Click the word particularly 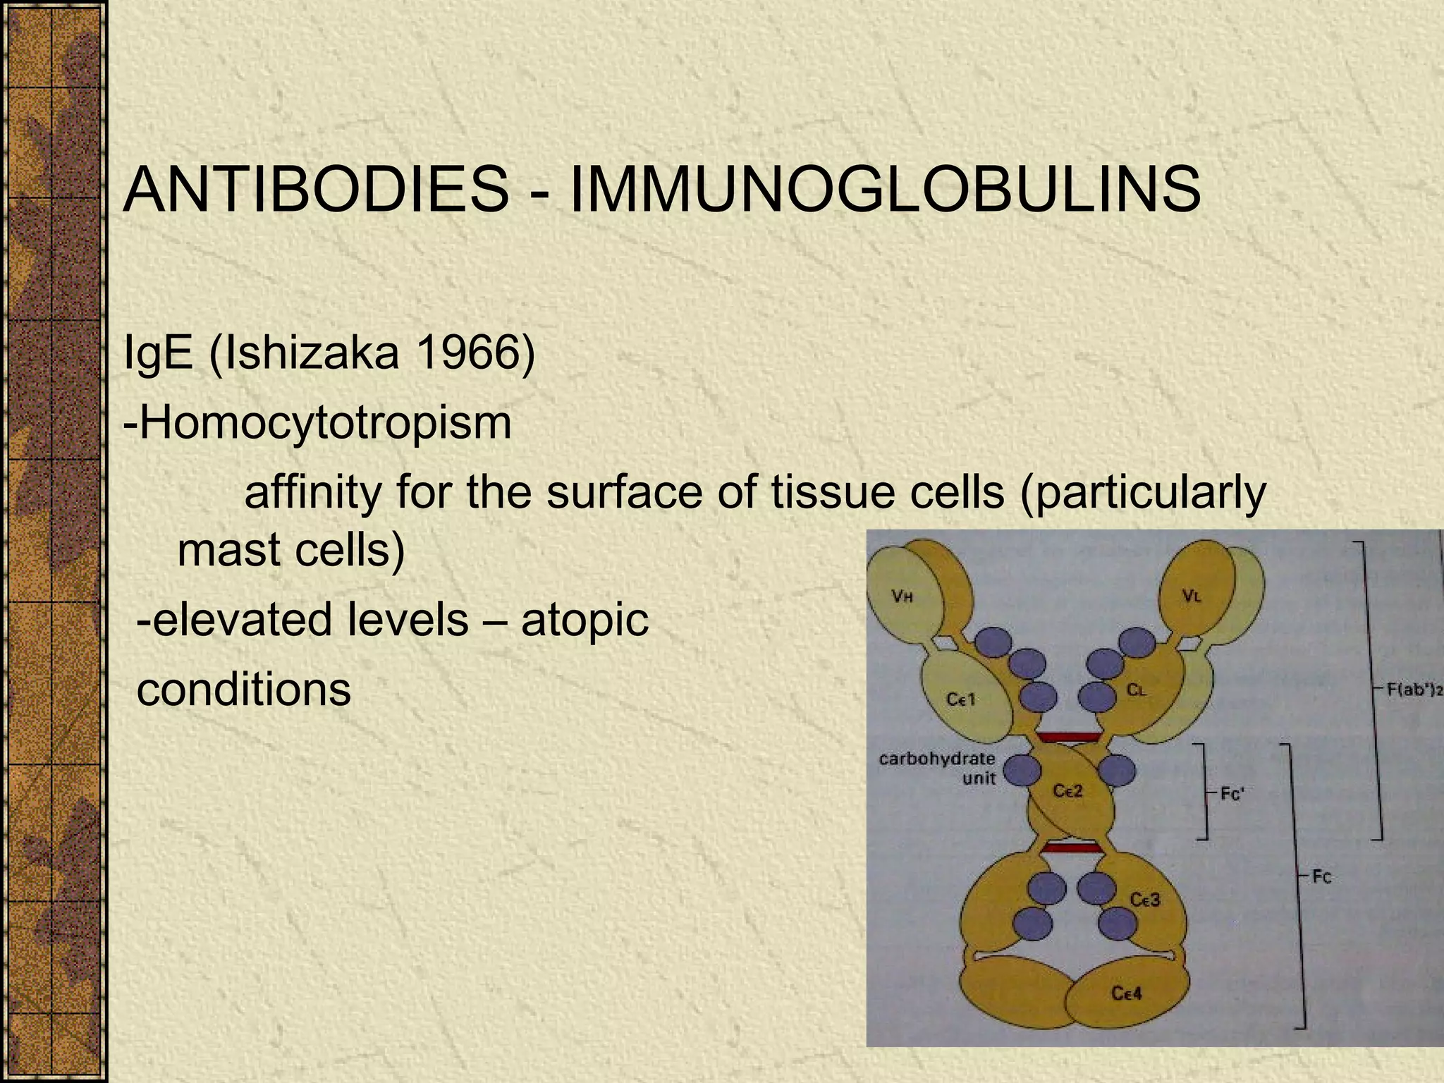[x=1143, y=493]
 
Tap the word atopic [x=585, y=620]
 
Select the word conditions [x=244, y=689]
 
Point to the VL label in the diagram [x=1192, y=596]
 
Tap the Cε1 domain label [x=961, y=699]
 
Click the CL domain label [x=1136, y=690]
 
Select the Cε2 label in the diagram [x=1067, y=791]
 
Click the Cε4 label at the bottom [x=1127, y=993]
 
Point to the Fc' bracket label [x=1232, y=794]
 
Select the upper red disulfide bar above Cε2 [x=1068, y=737]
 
